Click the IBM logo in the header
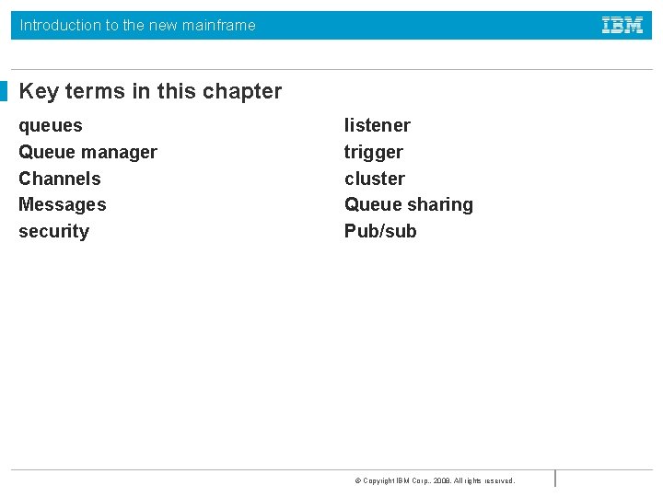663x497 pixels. [622, 26]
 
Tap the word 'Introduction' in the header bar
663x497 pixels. [61, 26]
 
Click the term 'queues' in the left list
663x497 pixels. [51, 126]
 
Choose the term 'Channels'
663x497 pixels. [60, 179]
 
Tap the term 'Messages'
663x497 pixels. [63, 204]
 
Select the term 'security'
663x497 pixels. [54, 231]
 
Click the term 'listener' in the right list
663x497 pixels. [378, 125]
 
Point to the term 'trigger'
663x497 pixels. [374, 153]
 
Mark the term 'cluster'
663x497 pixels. [375, 179]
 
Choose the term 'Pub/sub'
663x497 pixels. [380, 231]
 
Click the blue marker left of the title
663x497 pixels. [4, 91]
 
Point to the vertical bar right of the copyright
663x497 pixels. [555, 479]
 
